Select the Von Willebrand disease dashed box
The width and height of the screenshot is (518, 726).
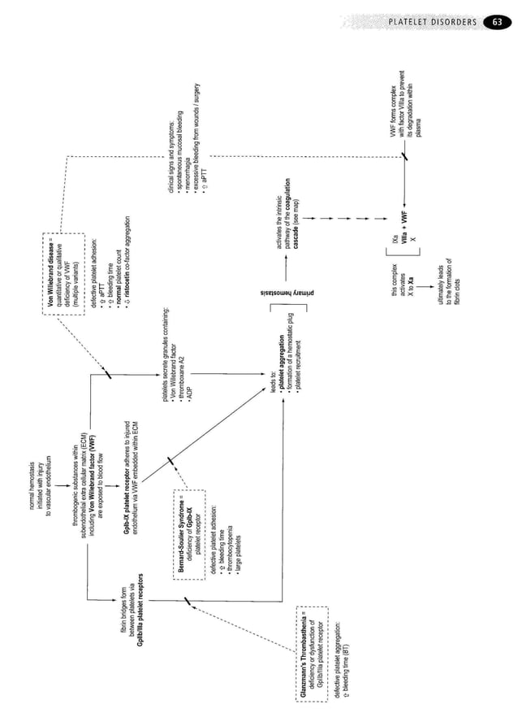click(x=63, y=267)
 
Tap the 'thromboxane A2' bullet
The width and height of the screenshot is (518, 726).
click(x=179, y=378)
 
